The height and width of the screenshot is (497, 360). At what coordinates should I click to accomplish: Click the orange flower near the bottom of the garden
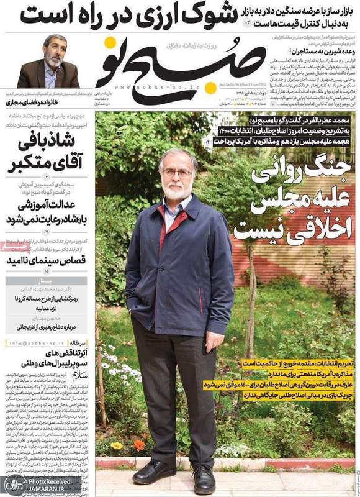coord(139,445)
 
